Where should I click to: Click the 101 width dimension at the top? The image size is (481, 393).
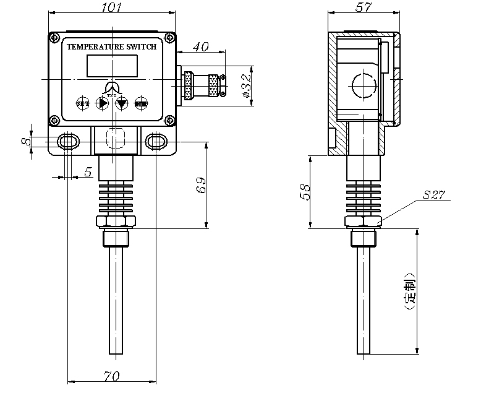click(x=112, y=7)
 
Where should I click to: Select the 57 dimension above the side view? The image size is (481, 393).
click(x=364, y=7)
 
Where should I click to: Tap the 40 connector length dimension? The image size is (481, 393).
click(x=201, y=47)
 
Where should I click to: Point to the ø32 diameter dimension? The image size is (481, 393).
click(x=245, y=87)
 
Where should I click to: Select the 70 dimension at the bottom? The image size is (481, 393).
click(x=112, y=375)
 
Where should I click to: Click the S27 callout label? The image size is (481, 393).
click(x=434, y=195)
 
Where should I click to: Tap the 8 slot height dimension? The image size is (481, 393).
click(x=25, y=142)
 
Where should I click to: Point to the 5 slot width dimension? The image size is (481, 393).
click(x=88, y=173)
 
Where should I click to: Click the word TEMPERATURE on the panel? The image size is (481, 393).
click(x=96, y=46)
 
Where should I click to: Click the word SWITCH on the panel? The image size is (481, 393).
click(x=142, y=46)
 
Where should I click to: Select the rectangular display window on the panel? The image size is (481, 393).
click(x=111, y=64)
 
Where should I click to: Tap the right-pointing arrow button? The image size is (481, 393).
click(x=102, y=103)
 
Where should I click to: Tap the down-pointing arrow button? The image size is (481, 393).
click(x=122, y=103)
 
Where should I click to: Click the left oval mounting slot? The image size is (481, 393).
click(x=67, y=142)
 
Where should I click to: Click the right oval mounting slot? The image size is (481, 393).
click(x=156, y=142)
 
